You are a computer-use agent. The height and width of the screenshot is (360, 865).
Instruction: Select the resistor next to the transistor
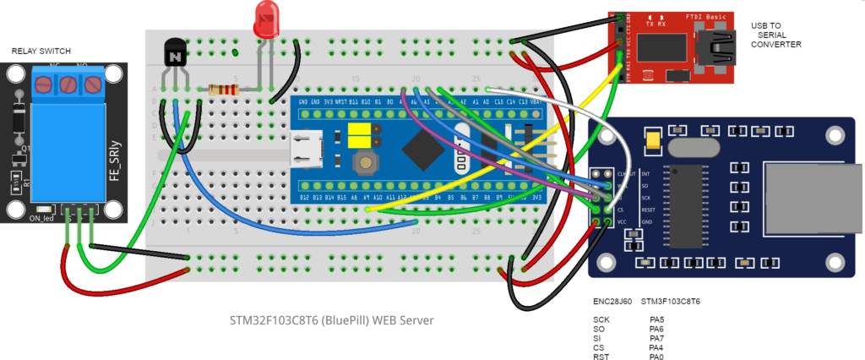[225, 89]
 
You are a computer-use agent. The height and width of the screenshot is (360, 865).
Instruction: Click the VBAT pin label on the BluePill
[537, 101]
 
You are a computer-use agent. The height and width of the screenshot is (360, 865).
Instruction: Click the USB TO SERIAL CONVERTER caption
[776, 35]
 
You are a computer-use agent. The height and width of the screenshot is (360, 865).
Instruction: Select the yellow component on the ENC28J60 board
[653, 139]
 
